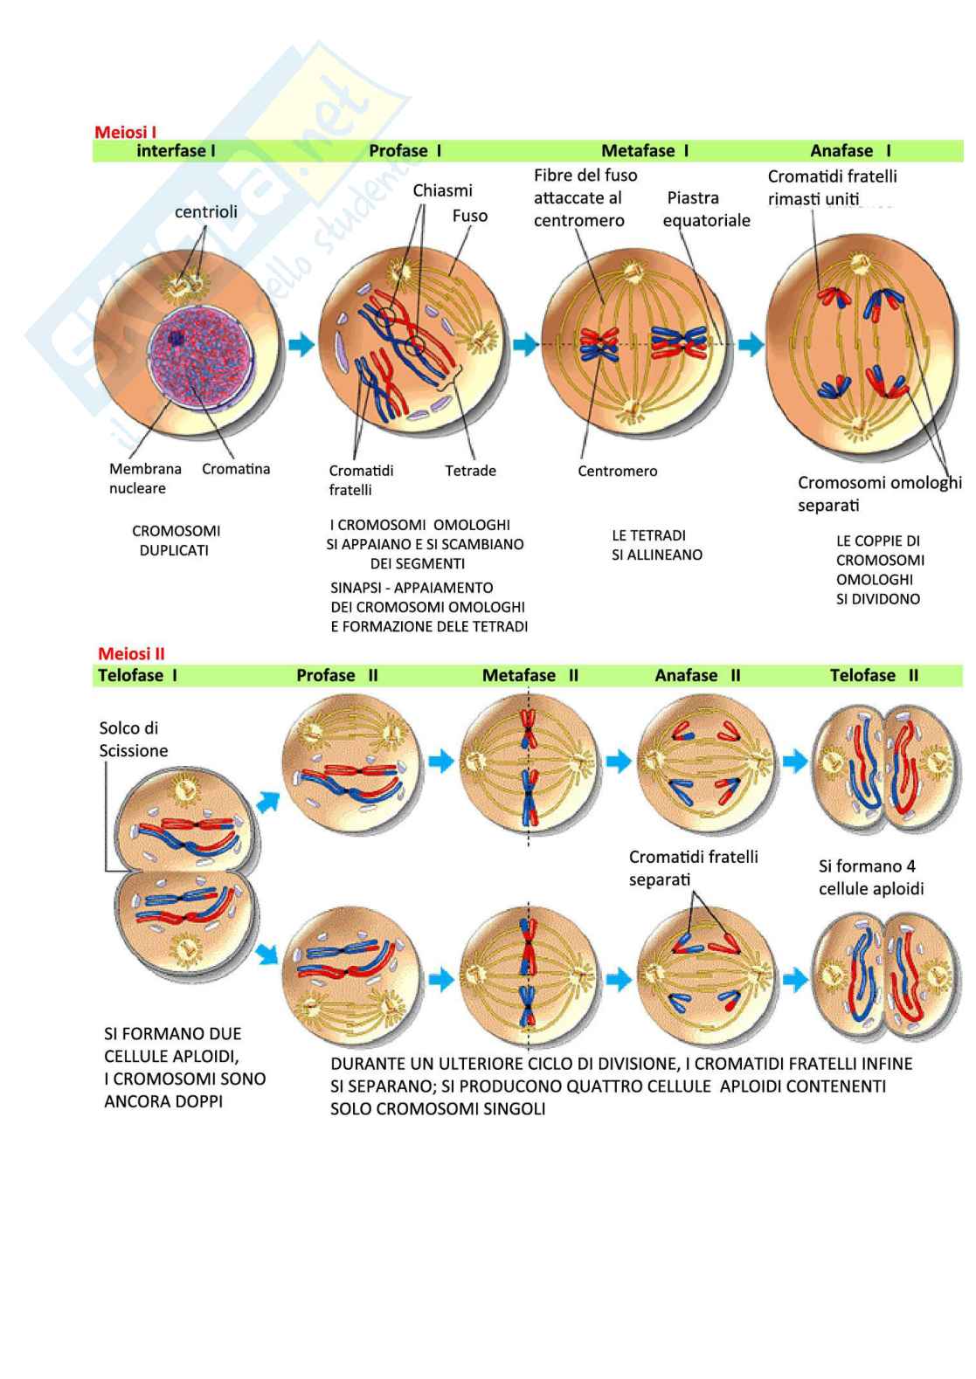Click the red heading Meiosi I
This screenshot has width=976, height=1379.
click(125, 132)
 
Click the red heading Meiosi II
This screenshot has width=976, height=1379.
click(131, 653)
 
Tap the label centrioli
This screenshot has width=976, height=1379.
click(205, 211)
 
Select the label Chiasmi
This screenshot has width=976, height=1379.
click(442, 191)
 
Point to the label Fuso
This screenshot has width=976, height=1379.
click(469, 216)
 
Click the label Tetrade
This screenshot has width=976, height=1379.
click(470, 471)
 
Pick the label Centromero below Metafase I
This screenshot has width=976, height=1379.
click(617, 471)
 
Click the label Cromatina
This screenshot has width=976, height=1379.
click(236, 468)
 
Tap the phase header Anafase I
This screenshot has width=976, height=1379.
click(850, 151)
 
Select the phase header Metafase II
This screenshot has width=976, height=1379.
click(530, 675)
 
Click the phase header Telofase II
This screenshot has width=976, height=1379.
click(874, 675)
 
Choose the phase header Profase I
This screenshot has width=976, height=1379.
click(405, 151)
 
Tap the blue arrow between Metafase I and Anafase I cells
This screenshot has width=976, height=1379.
click(751, 344)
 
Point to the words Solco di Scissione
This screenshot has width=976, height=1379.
click(133, 739)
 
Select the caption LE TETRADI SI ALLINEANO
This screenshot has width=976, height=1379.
click(656, 545)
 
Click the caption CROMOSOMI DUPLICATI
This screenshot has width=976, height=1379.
click(176, 541)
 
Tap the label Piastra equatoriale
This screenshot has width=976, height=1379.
click(706, 210)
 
